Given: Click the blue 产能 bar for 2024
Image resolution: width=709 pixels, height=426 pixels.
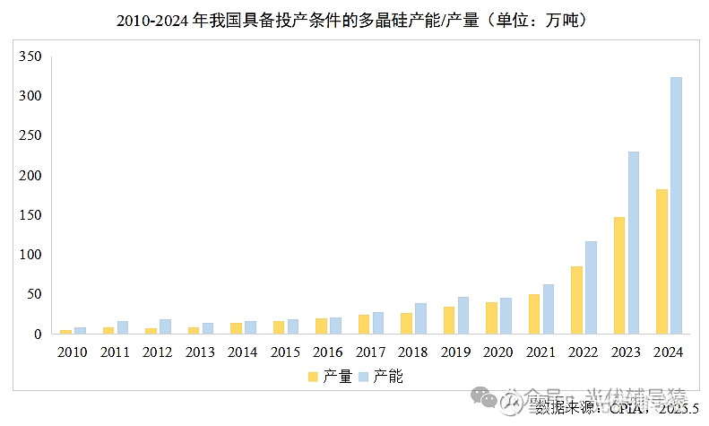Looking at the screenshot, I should [676, 205].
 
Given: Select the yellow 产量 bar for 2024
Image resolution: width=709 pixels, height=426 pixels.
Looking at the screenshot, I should [661, 261].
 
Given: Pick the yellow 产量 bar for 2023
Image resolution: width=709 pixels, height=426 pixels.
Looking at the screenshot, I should [618, 275].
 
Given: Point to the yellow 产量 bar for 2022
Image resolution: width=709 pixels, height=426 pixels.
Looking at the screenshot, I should [576, 300].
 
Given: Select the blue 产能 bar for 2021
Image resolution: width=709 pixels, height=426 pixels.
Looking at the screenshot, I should [548, 309].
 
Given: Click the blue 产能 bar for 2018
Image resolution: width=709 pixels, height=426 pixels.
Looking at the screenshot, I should [420, 318].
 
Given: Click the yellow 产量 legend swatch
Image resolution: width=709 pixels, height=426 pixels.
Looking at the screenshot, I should [313, 377].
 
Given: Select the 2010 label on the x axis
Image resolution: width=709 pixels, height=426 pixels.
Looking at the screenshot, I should [73, 352].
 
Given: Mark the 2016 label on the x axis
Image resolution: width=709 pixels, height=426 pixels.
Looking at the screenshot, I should [328, 352].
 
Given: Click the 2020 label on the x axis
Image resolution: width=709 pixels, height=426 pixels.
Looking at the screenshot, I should [498, 352].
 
